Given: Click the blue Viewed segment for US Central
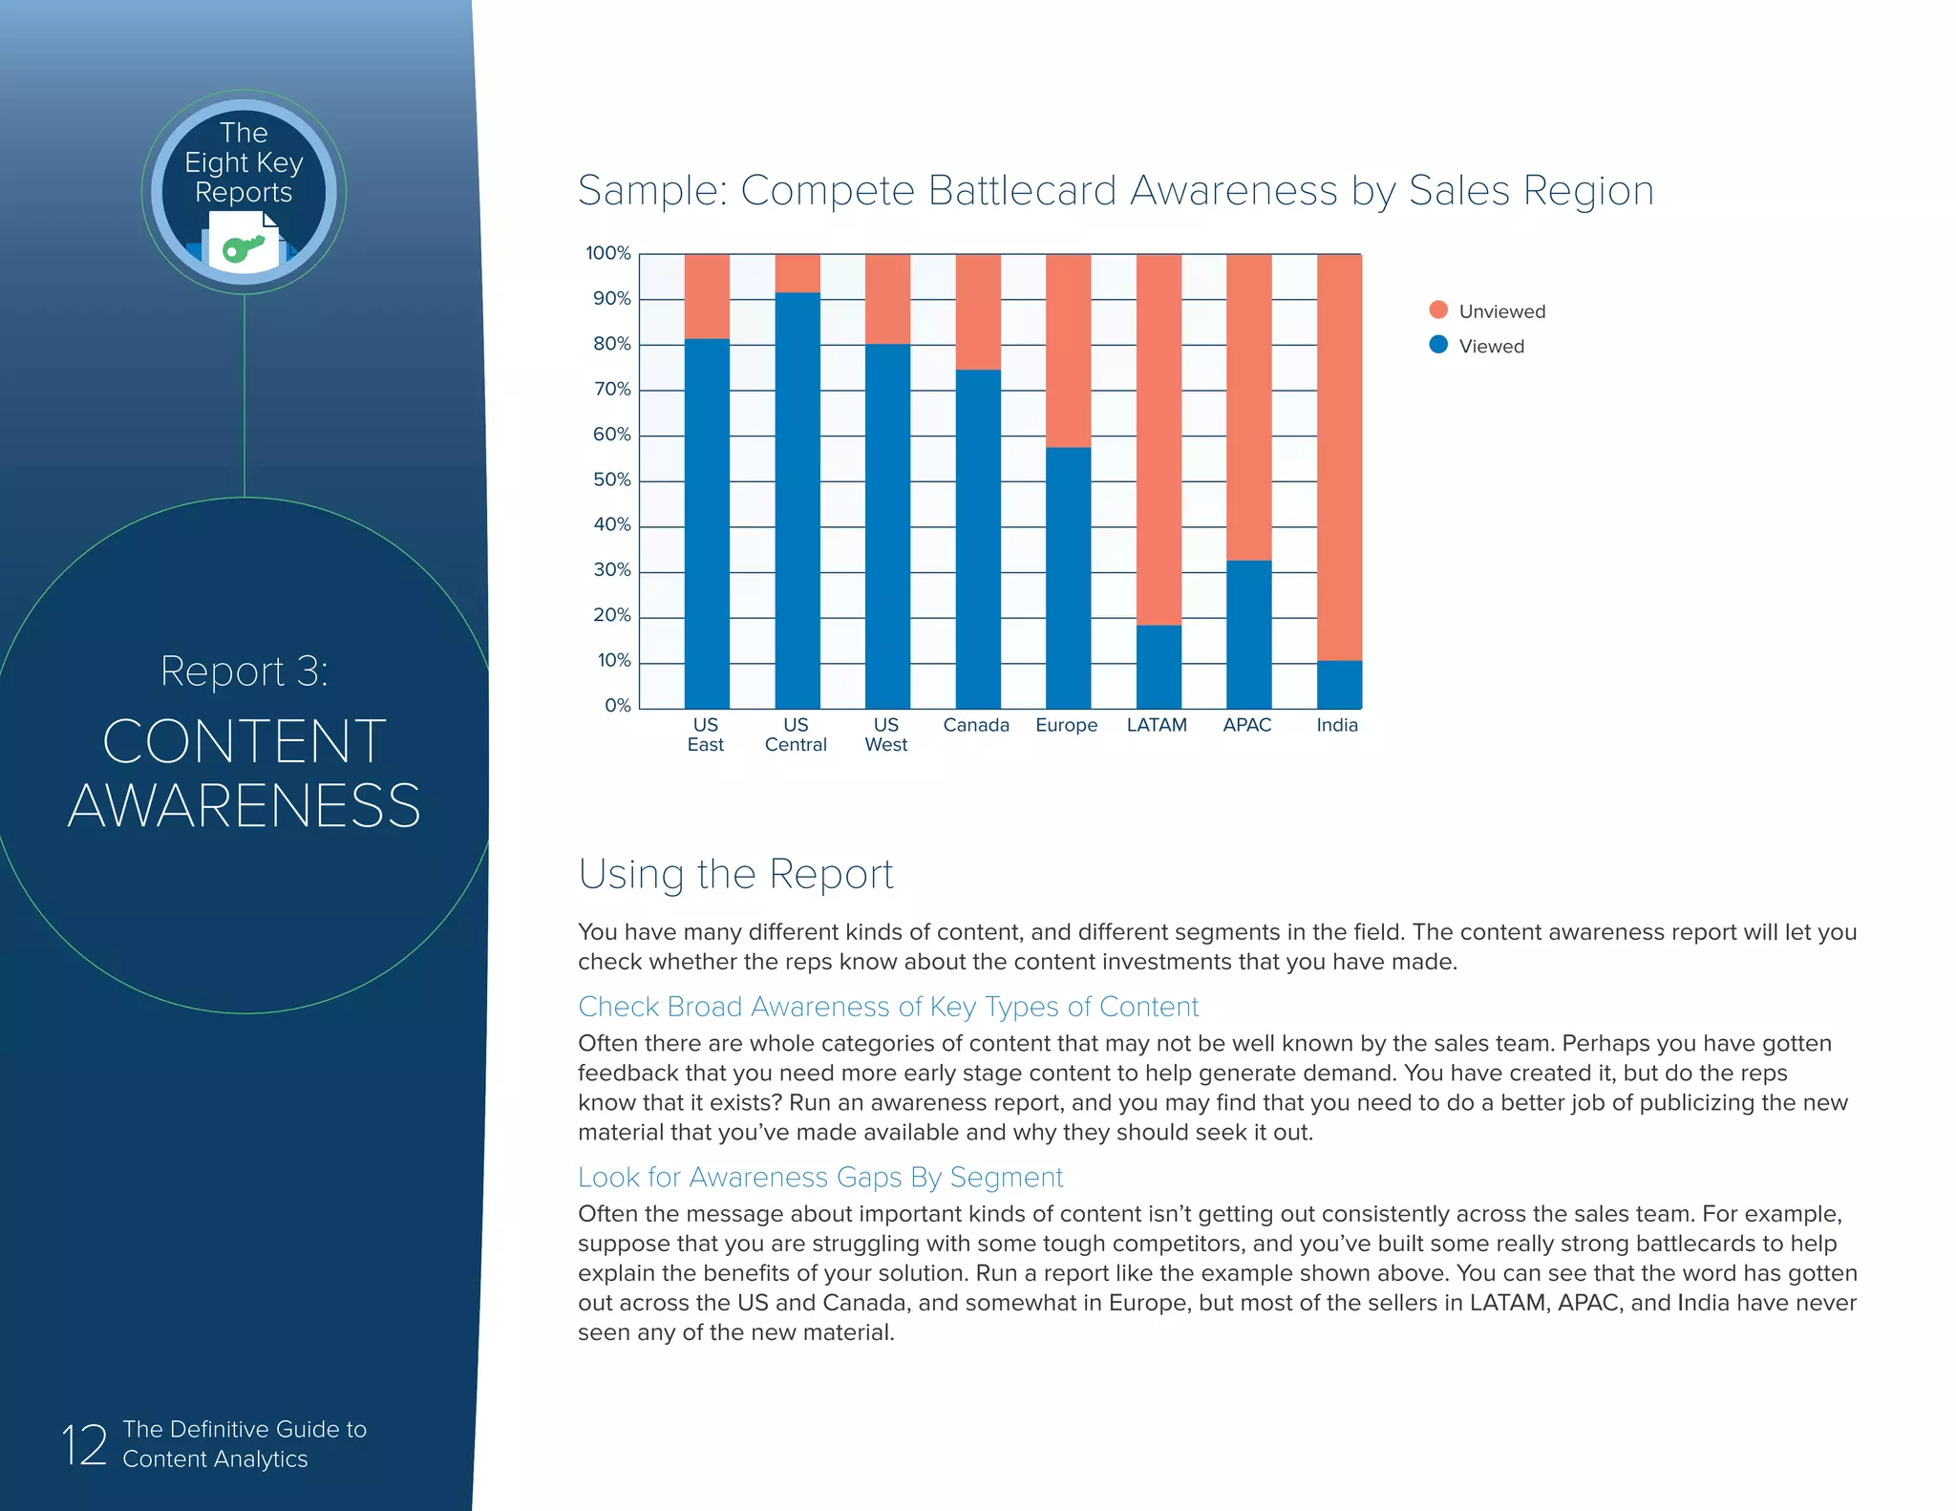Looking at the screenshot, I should pyautogui.click(x=797, y=500).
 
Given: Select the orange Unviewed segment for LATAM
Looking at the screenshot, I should pyautogui.click(x=1159, y=439).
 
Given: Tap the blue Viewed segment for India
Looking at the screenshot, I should pyautogui.click(x=1339, y=684).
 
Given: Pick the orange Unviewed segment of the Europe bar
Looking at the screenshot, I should pyautogui.click(x=1068, y=351).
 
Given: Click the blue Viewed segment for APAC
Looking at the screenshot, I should pyautogui.click(x=1248, y=634).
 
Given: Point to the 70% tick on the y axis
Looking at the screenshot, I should pyautogui.click(x=611, y=389).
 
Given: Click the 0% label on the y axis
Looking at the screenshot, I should pyautogui.click(x=617, y=706).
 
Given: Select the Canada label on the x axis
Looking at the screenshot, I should pyautogui.click(x=976, y=725).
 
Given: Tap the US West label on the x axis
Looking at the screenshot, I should pyautogui.click(x=886, y=734).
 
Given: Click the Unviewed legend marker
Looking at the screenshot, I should pyautogui.click(x=1438, y=309).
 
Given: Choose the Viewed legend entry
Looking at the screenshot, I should pyautogui.click(x=1490, y=346).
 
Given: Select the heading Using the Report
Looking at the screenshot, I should pyautogui.click(x=735, y=874).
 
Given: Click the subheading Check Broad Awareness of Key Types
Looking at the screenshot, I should pyautogui.click(x=888, y=1007).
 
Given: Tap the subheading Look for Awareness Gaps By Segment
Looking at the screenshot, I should pyautogui.click(x=820, y=1177).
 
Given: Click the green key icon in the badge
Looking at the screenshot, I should pyautogui.click(x=243, y=248).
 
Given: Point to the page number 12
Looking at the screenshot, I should pyautogui.click(x=84, y=1444).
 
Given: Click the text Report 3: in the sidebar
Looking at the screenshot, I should pyautogui.click(x=244, y=670).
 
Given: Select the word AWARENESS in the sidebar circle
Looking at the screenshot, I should pyautogui.click(x=244, y=805).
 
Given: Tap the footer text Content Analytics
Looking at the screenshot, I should pyautogui.click(x=215, y=1458).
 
